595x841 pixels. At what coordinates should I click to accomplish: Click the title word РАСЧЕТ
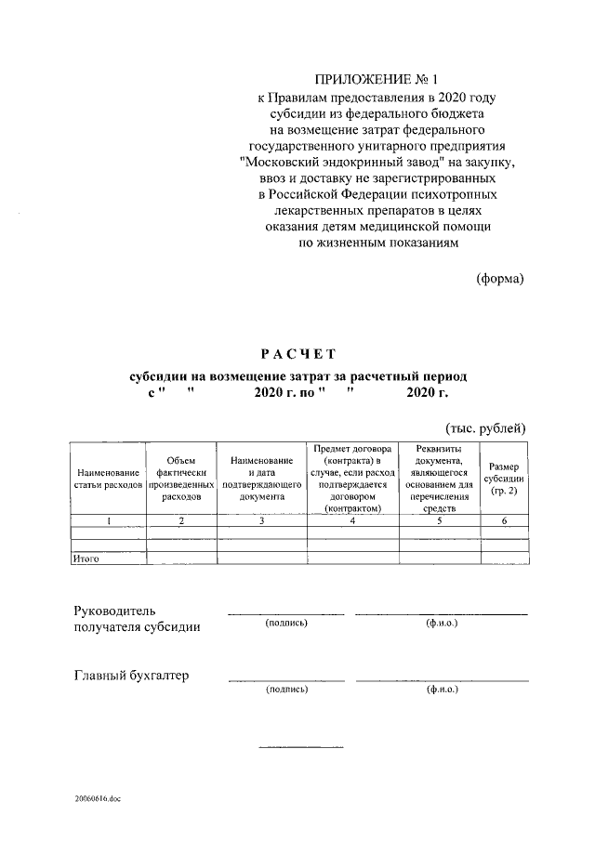pos(297,353)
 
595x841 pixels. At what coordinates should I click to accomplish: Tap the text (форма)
pos(501,278)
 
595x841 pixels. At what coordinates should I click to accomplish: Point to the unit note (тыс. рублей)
pos(487,427)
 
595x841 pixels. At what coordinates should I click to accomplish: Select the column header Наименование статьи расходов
pos(108,479)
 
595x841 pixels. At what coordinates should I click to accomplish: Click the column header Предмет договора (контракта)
pos(352,479)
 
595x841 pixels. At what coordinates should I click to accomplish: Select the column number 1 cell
pos(108,521)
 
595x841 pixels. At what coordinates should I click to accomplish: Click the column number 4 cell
pos(352,521)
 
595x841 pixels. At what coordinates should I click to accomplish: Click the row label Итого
pos(86,558)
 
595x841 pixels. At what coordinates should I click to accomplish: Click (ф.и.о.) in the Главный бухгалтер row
pos(442,690)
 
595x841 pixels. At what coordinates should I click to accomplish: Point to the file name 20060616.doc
pos(99,798)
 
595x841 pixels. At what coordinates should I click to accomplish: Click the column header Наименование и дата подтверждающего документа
pos(262,479)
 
